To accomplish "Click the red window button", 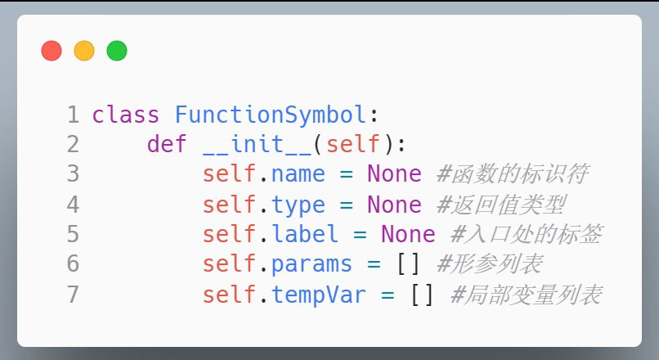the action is (x=52, y=51).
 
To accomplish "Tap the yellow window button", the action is (x=84, y=51).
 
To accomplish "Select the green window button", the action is (x=117, y=51).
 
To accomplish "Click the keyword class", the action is (x=126, y=115).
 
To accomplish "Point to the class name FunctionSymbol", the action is (x=271, y=115).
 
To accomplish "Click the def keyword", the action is (x=167, y=144).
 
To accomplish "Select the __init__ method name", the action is (x=257, y=145).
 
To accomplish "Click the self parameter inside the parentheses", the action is (x=353, y=144).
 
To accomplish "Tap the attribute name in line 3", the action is (x=298, y=174).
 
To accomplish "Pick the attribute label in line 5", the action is (x=305, y=234).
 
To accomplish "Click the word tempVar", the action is (x=319, y=295).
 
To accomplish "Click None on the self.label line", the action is (x=408, y=234).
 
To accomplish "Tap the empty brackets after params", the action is (x=408, y=264).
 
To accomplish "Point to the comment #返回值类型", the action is (x=501, y=205).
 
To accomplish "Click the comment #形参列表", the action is (x=490, y=264).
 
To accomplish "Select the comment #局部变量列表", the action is (x=527, y=295).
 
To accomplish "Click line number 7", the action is (x=73, y=294).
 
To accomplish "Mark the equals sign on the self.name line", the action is (x=346, y=174).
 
